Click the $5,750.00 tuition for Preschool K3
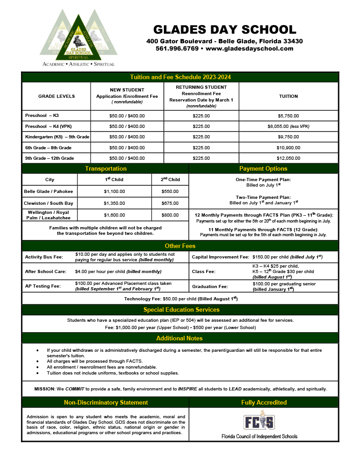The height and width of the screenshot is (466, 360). pos(289,116)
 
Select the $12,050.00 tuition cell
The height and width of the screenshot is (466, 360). pos(289,158)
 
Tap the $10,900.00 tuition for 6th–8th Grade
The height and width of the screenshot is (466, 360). pos(289,147)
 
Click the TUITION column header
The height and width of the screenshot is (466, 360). pos(289,96)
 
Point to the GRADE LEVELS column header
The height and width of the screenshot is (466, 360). pos(56,96)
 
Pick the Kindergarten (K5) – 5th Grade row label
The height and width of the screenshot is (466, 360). pos(57,137)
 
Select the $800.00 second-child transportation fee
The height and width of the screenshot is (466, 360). pos(170,215)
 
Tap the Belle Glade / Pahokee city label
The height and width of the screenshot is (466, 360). pos(49,192)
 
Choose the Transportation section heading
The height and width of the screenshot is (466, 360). pos(106,168)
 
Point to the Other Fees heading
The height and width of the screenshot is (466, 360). pos(180,246)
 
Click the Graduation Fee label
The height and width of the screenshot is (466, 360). pos(209,287)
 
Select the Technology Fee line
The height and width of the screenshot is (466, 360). pos(181,299)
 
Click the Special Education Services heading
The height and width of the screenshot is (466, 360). pos(181,310)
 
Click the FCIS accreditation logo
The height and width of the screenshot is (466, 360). pos(259,422)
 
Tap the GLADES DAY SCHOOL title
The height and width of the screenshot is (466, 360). pos(225,30)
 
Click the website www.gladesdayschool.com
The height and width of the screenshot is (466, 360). pos(249,49)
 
